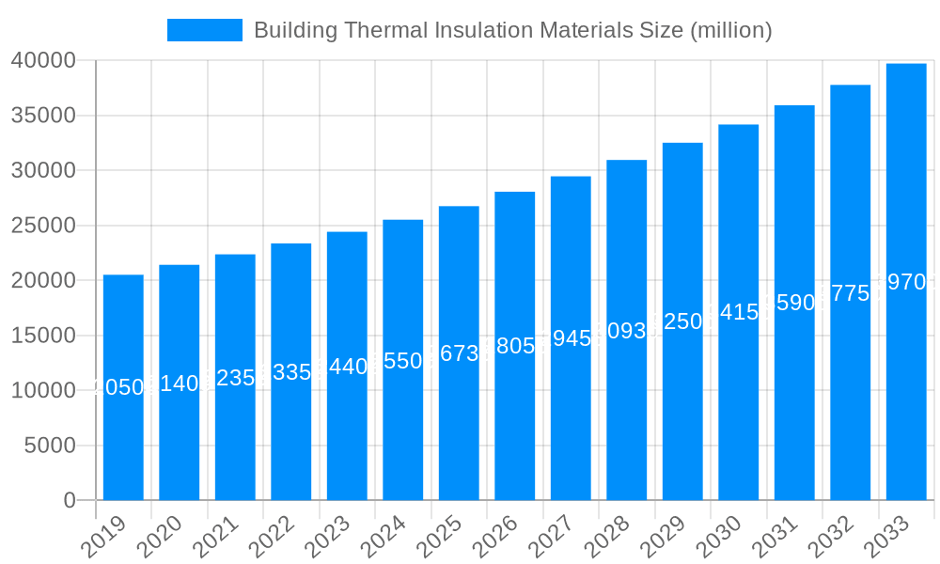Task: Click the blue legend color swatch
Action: pos(204,30)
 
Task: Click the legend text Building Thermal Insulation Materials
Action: pos(512,30)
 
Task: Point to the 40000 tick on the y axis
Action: pos(43,61)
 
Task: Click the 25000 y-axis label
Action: pos(43,226)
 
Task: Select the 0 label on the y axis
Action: pos(69,501)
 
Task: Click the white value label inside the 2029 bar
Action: pos(682,321)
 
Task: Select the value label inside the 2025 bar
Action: pos(459,353)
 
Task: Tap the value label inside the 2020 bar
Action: pos(179,383)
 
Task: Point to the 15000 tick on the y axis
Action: pos(43,336)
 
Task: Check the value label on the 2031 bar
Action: pos(794,303)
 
